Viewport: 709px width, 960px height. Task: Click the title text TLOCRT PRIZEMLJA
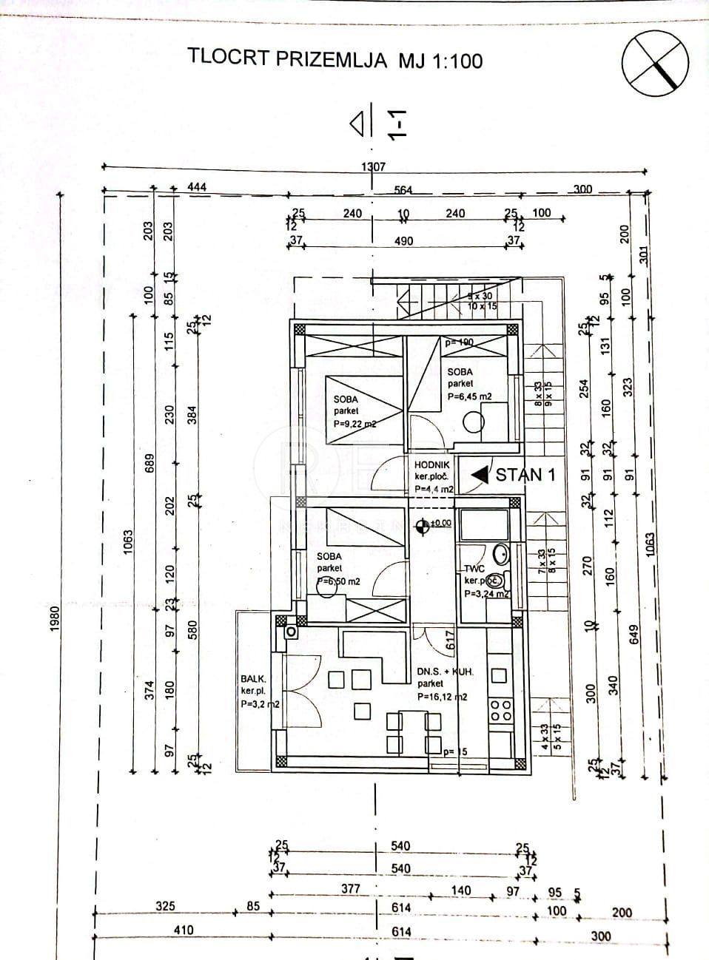287,58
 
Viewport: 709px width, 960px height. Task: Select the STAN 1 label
525,475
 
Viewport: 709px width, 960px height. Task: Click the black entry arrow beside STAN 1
480,474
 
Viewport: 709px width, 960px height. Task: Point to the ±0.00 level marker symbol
423,526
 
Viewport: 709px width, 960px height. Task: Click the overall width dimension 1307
374,166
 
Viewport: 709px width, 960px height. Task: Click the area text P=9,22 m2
355,424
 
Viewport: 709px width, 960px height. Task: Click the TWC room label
473,569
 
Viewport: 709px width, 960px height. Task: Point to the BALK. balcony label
253,677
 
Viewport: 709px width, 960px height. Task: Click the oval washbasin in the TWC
500,553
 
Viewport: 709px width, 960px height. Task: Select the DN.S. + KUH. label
444,672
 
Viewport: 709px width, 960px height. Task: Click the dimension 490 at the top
403,240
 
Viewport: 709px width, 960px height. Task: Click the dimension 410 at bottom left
183,930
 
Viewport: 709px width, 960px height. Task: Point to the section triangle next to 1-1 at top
358,124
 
